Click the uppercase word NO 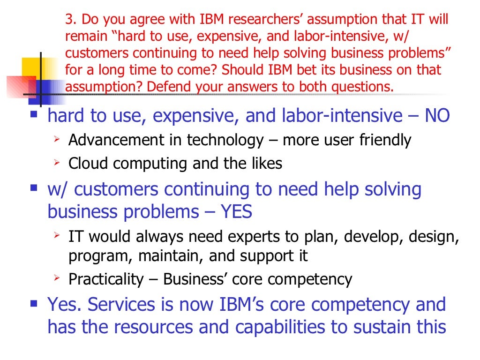point(437,116)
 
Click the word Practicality point(106,280)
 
